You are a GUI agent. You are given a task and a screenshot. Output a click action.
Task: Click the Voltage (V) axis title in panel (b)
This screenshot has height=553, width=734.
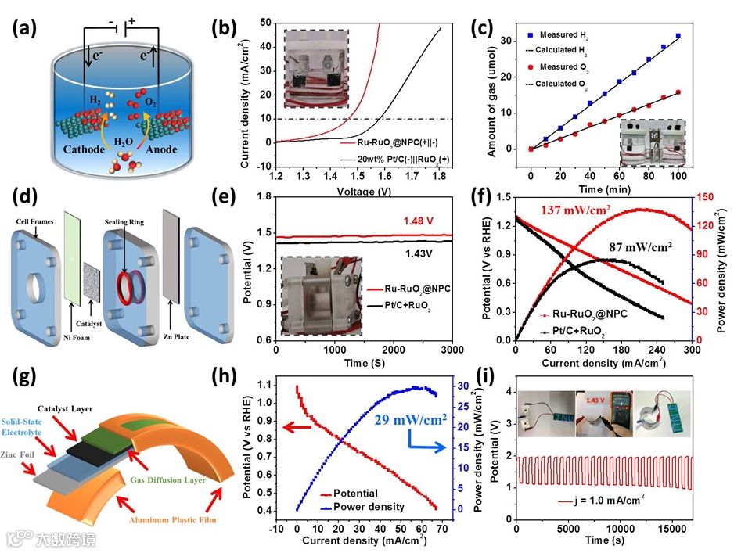point(364,189)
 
